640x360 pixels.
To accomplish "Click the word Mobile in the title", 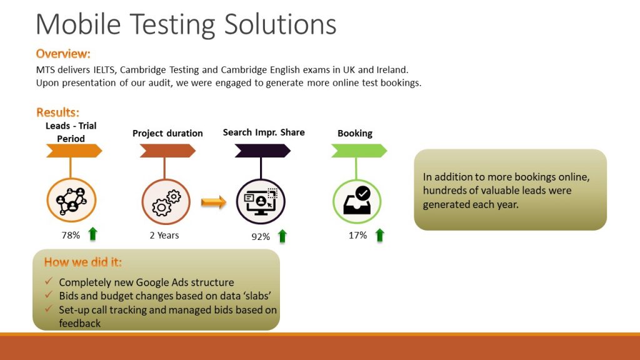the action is pyautogui.click(x=78, y=24).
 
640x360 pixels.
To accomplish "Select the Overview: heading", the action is pyautogui.click(x=63, y=54).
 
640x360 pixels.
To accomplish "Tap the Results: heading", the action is pyautogui.click(x=57, y=112).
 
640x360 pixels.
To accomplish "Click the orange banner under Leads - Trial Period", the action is pyautogui.click(x=74, y=151).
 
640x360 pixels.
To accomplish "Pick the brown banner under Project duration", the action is pyautogui.click(x=167, y=151).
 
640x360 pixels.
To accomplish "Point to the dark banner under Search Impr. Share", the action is pyautogui.click(x=262, y=151).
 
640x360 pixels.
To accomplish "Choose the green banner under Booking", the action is pyautogui.click(x=359, y=151).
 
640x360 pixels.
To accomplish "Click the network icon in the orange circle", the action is pyautogui.click(x=71, y=201).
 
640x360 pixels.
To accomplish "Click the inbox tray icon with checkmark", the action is pyautogui.click(x=357, y=201).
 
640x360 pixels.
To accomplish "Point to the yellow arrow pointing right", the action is pyautogui.click(x=214, y=202).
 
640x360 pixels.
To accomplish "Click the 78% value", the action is pyautogui.click(x=71, y=235).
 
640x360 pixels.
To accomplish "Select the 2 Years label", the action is pyautogui.click(x=164, y=235).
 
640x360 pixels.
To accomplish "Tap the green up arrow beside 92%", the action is pyautogui.click(x=282, y=236).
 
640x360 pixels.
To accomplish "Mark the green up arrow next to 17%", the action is pyautogui.click(x=379, y=235).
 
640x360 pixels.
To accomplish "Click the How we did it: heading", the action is pyautogui.click(x=83, y=262).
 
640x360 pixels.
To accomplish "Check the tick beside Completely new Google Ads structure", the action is pyautogui.click(x=49, y=281).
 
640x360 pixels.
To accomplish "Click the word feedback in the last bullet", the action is pyautogui.click(x=79, y=323).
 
